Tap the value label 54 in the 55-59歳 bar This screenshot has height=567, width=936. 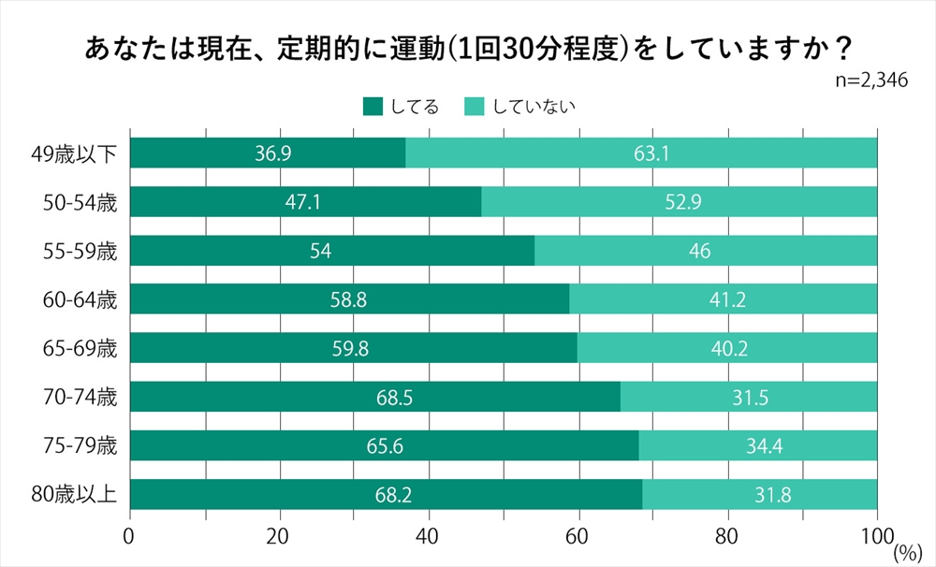click(x=331, y=251)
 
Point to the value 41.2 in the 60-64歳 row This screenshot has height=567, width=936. click(x=723, y=299)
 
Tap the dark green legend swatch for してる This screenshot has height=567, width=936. click(x=373, y=106)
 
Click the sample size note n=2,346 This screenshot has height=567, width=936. click(x=871, y=80)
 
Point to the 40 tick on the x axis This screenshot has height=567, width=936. click(x=429, y=538)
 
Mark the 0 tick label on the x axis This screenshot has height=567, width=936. click(x=129, y=538)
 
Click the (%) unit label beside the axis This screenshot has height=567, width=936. click(x=907, y=553)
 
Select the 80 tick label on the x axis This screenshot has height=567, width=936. click(x=727, y=538)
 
